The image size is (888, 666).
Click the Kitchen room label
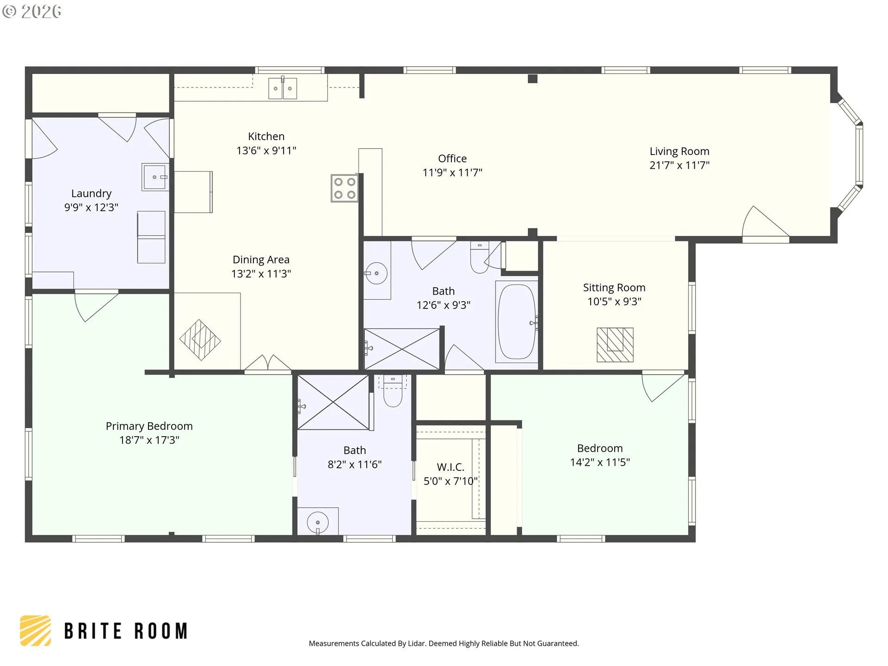[x=266, y=136]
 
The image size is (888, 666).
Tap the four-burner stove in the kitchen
[x=345, y=188]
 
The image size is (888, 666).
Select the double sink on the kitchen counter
[x=283, y=88]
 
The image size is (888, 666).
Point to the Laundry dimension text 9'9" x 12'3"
[x=91, y=207]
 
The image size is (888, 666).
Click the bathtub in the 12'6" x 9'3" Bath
[x=517, y=321]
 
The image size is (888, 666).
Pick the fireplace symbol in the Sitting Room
[x=615, y=345]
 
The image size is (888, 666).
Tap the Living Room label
[x=679, y=151]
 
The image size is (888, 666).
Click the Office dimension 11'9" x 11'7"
[x=452, y=173]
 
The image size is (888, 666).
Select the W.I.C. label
[x=450, y=467]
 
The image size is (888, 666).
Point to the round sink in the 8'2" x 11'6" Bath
[x=318, y=523]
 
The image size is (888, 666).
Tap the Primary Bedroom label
[x=149, y=426]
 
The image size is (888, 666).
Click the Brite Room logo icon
[x=35, y=630]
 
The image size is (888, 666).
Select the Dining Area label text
[x=261, y=260]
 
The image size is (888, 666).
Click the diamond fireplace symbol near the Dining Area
[x=200, y=340]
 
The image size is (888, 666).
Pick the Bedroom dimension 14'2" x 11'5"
[x=600, y=462]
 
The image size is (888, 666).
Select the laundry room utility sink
[x=154, y=177]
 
